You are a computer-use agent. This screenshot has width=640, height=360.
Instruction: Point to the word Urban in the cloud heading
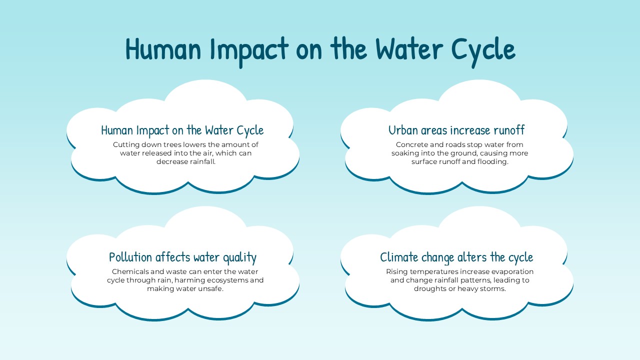[403, 130]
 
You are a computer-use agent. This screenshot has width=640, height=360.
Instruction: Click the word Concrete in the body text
[412, 144]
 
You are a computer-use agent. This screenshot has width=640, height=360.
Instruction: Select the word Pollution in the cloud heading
[130, 257]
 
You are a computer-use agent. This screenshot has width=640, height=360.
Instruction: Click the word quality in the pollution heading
[239, 257]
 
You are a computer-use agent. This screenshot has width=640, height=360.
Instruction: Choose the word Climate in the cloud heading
[398, 257]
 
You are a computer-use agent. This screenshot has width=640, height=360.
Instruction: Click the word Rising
[397, 271]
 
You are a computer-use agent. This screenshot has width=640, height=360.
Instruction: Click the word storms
[492, 288]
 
